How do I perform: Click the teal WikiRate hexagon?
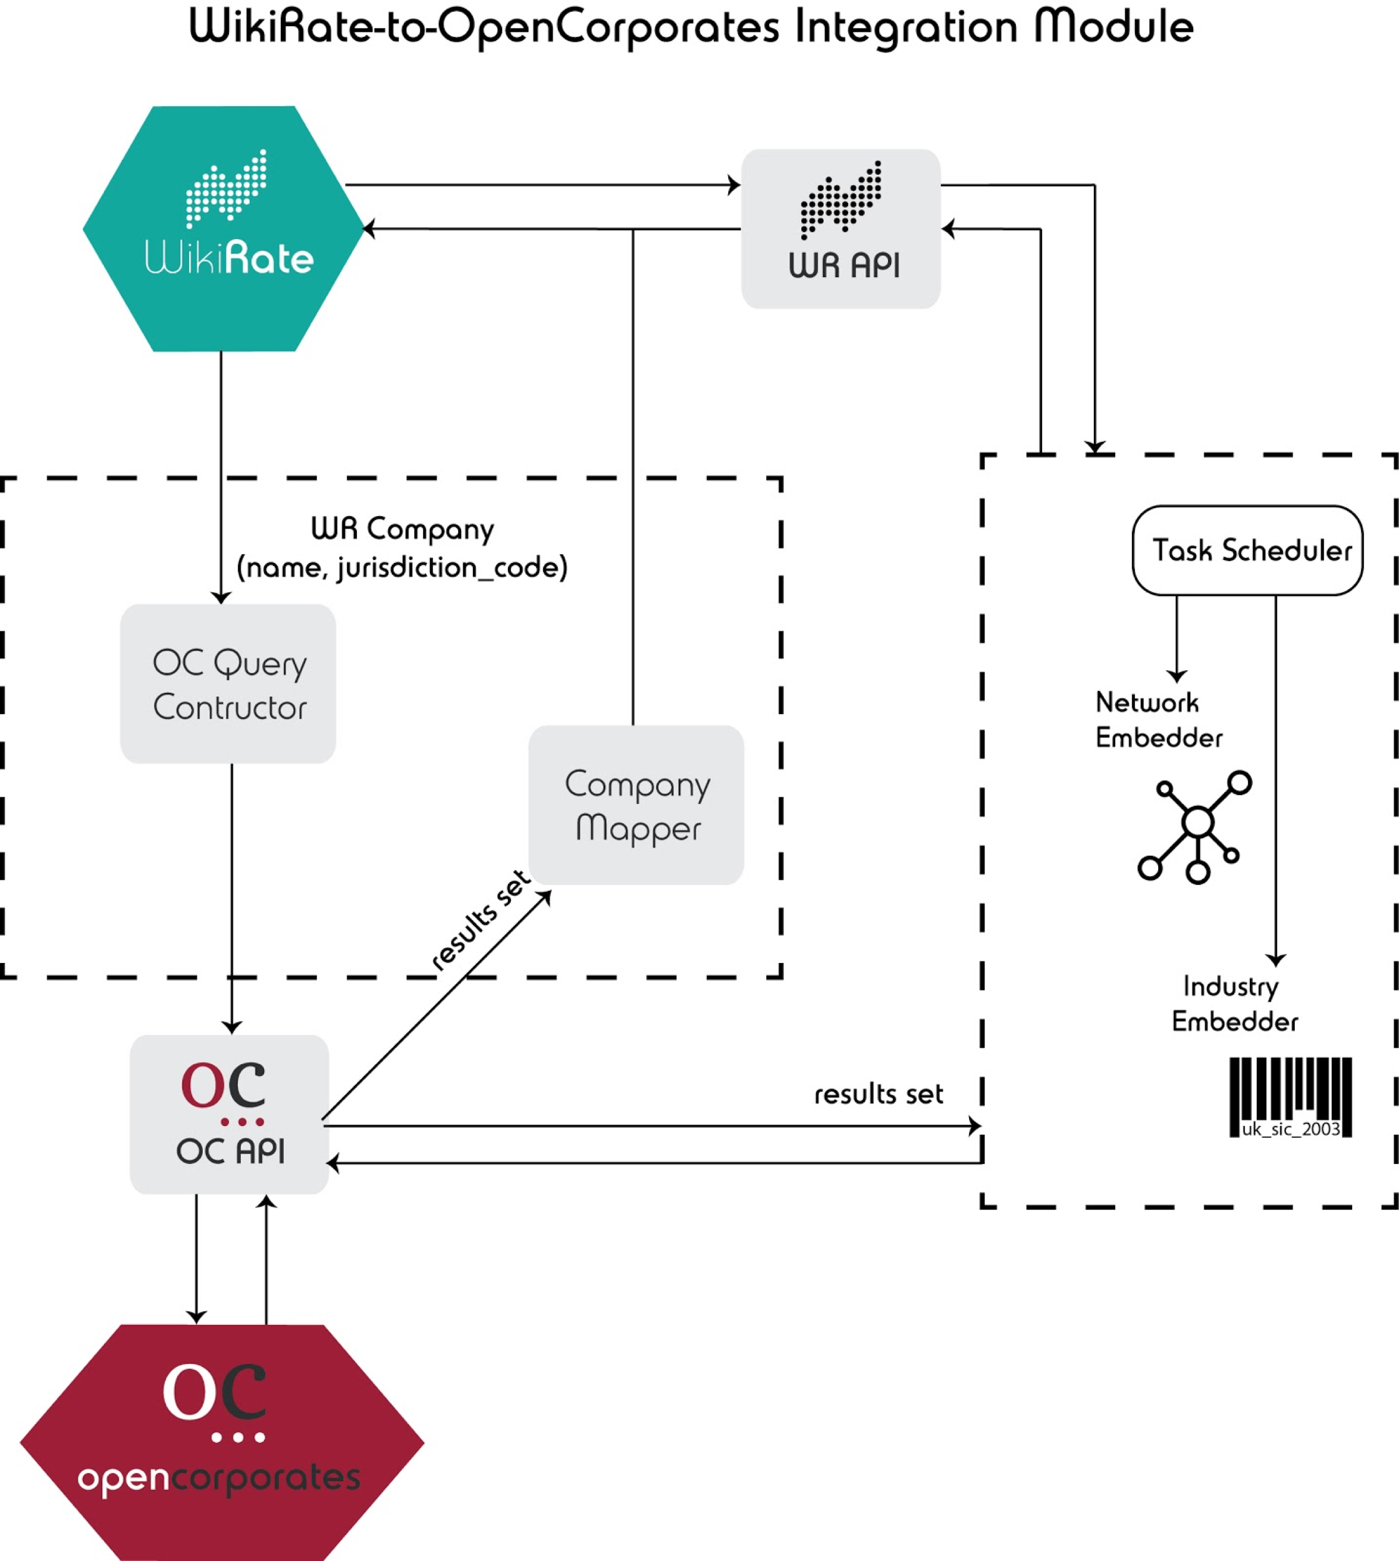tap(223, 229)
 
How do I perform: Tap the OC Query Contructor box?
tap(228, 683)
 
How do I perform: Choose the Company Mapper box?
tap(636, 805)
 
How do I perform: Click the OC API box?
tap(229, 1114)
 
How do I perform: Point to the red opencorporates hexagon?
tap(222, 1442)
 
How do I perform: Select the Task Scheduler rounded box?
tap(1247, 551)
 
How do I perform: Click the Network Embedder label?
tap(1158, 720)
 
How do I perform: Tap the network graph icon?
tap(1196, 826)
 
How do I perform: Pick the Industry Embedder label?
tap(1234, 1004)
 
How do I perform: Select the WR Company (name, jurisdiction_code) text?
tap(402, 547)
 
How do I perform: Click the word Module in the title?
tap(1114, 27)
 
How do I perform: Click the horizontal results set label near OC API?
tap(879, 1094)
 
